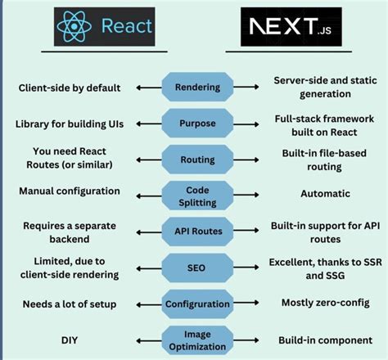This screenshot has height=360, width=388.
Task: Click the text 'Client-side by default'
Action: coord(71,87)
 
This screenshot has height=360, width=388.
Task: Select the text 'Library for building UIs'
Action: coord(71,123)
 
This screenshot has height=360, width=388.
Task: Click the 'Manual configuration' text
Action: coord(71,191)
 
